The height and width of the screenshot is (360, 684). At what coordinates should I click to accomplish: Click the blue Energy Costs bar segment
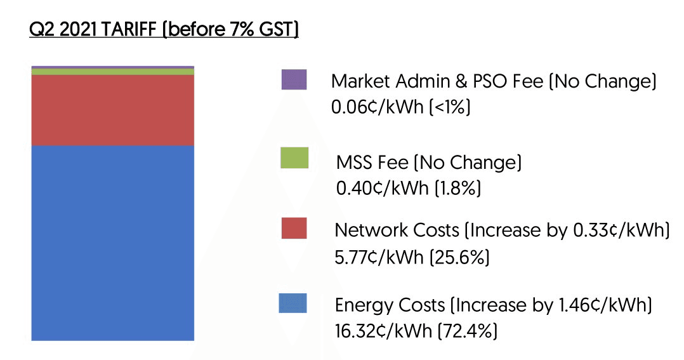click(112, 243)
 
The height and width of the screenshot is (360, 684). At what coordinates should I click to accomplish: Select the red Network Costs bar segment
click(112, 110)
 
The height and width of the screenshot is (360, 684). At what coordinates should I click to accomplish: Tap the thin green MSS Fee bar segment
click(112, 72)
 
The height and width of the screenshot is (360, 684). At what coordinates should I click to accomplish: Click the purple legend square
click(294, 80)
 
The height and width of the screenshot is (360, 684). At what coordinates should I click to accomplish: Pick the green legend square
click(294, 158)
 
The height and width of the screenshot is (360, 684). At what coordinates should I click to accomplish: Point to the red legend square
click(294, 229)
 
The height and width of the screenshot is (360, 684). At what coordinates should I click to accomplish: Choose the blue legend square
click(293, 303)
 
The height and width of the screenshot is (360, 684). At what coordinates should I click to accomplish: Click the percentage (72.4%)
click(466, 330)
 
